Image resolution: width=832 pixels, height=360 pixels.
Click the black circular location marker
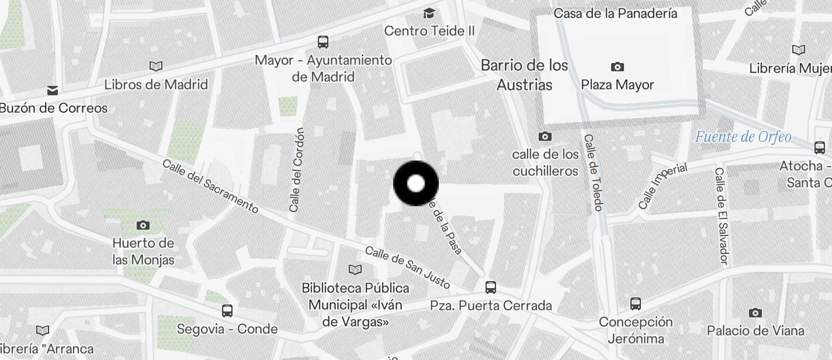(x=416, y=184)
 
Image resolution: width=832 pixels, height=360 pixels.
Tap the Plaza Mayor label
(x=617, y=85)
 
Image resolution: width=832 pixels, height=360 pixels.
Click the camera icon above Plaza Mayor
(x=617, y=67)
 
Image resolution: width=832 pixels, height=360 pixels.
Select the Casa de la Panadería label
(x=615, y=13)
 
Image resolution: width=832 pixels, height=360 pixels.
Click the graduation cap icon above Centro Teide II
(x=429, y=13)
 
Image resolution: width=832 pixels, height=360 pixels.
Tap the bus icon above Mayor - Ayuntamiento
(x=323, y=41)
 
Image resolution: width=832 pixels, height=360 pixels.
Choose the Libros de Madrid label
(x=156, y=84)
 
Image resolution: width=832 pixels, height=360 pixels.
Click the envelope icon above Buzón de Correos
(x=53, y=90)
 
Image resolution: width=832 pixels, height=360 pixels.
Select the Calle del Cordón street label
(x=297, y=169)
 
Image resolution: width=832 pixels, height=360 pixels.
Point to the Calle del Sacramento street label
(x=210, y=186)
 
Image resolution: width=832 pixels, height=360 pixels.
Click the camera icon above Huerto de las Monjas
(x=143, y=225)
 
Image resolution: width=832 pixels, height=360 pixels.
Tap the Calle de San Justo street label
(x=407, y=268)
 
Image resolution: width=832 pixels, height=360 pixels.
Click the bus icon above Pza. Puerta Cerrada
(x=491, y=287)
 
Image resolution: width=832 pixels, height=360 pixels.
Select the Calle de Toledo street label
(x=593, y=172)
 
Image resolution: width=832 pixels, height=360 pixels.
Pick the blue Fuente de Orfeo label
(x=743, y=137)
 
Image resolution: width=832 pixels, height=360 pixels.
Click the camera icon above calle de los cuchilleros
(x=545, y=136)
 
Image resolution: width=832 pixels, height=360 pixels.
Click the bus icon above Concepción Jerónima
(x=636, y=304)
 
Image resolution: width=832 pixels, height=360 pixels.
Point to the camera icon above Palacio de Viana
(x=755, y=313)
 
